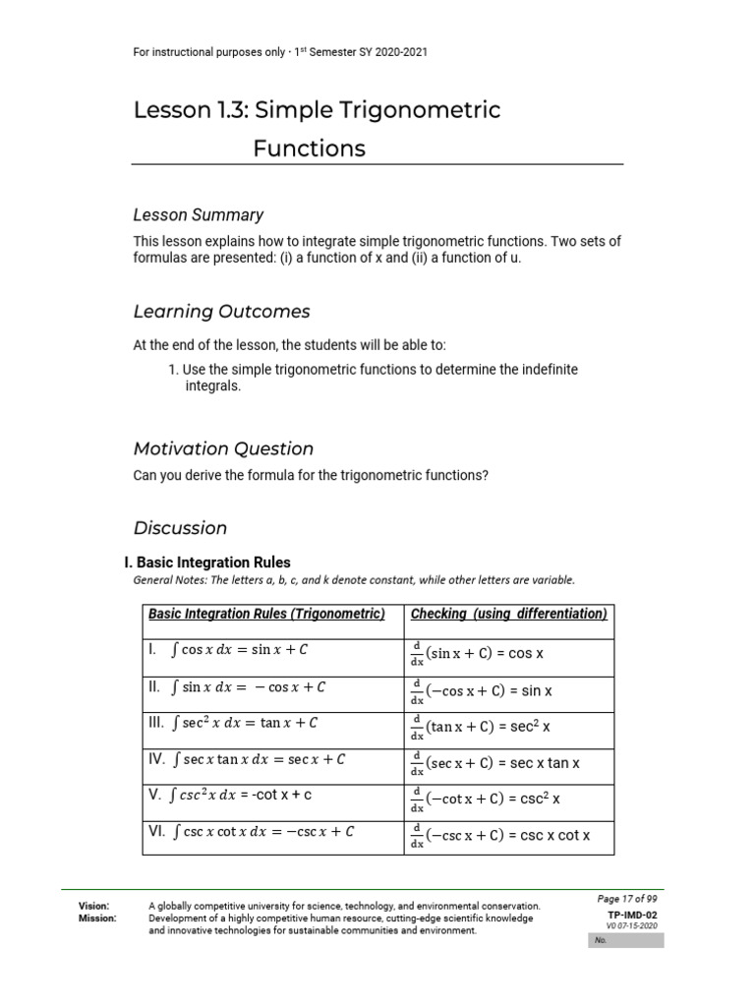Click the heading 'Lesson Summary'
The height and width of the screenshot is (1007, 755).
[198, 214]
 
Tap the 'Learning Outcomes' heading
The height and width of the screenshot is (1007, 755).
[221, 312]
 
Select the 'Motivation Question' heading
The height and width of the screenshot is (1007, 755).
[223, 448]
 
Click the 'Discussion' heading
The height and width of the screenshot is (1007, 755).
[180, 528]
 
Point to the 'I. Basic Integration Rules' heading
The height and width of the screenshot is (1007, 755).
[207, 563]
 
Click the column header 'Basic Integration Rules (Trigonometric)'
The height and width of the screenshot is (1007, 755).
[265, 614]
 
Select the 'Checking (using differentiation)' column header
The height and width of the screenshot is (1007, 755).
[508, 614]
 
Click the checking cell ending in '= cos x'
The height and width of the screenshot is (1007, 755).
[478, 654]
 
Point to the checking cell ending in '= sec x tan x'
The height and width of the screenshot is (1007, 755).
[494, 763]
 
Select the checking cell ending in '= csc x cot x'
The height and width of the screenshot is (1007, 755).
[500, 836]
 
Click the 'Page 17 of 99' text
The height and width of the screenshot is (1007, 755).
[627, 899]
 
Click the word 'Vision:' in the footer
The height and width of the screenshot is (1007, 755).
[94, 906]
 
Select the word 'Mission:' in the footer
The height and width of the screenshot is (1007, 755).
[97, 918]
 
